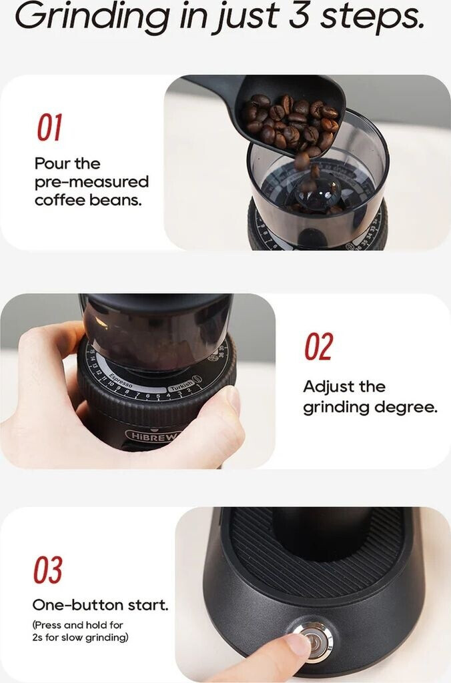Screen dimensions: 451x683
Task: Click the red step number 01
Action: point(49,127)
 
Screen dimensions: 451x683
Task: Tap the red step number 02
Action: point(318,346)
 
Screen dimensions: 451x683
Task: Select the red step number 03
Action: point(48,570)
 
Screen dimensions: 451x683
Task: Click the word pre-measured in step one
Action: point(91,182)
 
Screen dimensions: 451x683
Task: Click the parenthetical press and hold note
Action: point(80,632)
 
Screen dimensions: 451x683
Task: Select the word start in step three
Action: point(148,605)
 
